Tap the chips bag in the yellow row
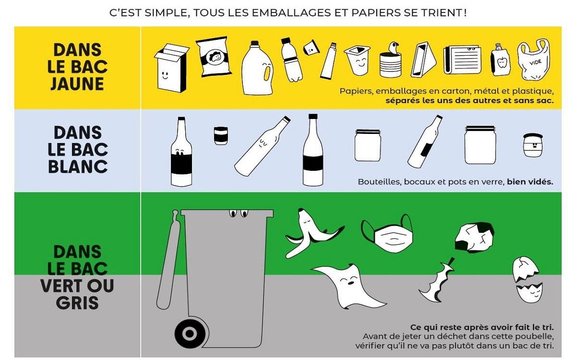click(x=213, y=57)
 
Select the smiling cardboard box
click(x=171, y=68)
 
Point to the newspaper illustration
click(x=462, y=60)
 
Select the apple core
click(x=437, y=280)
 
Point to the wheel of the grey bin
click(x=190, y=334)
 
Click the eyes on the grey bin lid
click(x=239, y=214)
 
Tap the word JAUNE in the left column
click(x=77, y=84)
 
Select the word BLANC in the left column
click(x=78, y=167)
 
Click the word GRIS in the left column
click(x=77, y=302)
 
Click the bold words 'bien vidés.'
click(x=530, y=182)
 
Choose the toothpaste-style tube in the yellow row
click(x=329, y=60)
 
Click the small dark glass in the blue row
click(x=221, y=135)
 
